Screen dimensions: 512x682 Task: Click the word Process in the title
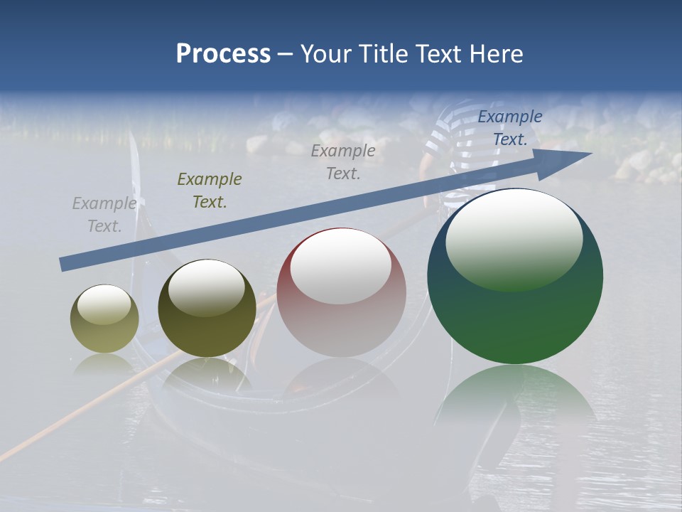tap(223, 54)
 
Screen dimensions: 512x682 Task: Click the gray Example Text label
tap(104, 215)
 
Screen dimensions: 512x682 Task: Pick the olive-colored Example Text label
tap(209, 191)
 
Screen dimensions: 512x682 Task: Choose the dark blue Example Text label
tap(509, 128)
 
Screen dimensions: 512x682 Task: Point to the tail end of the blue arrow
tap(65, 264)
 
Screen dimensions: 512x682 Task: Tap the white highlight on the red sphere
tap(341, 266)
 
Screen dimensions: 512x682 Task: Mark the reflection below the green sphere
tap(515, 398)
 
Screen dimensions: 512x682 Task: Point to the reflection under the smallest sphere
tap(104, 364)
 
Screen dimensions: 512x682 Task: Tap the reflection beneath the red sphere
tap(342, 377)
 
